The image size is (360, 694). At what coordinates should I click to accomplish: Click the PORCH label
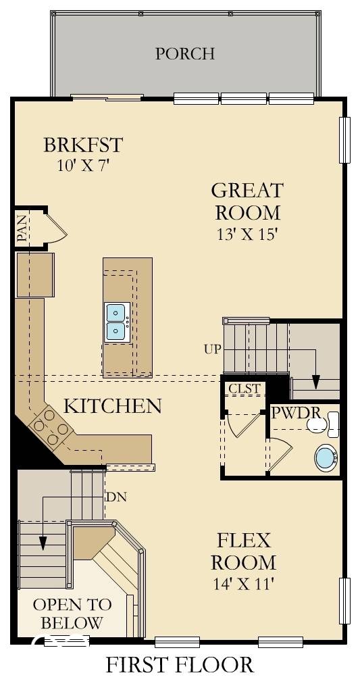pos(185,53)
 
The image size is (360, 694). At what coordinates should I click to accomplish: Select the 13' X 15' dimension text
pos(247,234)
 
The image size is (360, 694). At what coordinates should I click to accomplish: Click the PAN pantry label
pos(22,228)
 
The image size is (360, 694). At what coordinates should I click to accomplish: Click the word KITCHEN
pos(112,406)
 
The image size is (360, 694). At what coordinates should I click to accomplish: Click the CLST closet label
pos(244,389)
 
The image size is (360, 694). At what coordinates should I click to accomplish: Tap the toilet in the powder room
pos(323,424)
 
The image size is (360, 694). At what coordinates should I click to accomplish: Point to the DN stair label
pos(116,497)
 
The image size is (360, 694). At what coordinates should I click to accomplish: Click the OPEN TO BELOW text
pos(68,613)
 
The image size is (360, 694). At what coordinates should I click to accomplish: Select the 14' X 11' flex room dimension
pos(243,584)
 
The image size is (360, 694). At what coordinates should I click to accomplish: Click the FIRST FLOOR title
pos(180,665)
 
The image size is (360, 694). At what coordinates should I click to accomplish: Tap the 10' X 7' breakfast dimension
pos(84,164)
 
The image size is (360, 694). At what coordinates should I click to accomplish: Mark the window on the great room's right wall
pos(344,140)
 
